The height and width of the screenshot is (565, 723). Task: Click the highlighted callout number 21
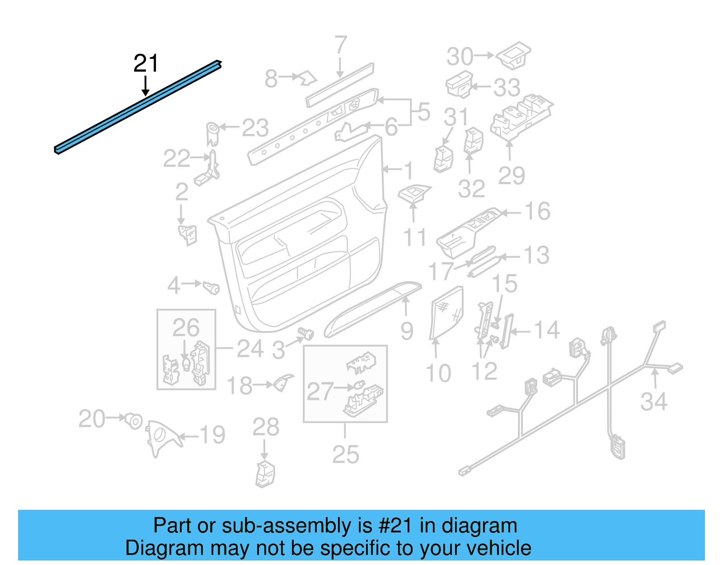146,63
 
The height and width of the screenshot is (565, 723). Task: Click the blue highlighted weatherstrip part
136,108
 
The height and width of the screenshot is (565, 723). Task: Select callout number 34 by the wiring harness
653,402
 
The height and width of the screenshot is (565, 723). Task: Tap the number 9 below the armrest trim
407,331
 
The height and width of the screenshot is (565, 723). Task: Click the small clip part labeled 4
211,287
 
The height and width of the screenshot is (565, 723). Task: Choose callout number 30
460,57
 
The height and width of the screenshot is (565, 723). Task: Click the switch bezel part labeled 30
514,55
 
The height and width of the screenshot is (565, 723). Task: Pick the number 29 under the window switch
511,176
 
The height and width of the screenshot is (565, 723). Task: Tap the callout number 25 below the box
345,454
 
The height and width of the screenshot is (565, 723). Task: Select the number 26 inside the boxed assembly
186,328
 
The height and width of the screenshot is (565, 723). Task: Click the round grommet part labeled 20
134,421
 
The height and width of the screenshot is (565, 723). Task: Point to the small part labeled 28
265,474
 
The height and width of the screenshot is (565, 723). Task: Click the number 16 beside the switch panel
537,211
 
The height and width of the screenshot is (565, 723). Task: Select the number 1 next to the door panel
408,171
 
